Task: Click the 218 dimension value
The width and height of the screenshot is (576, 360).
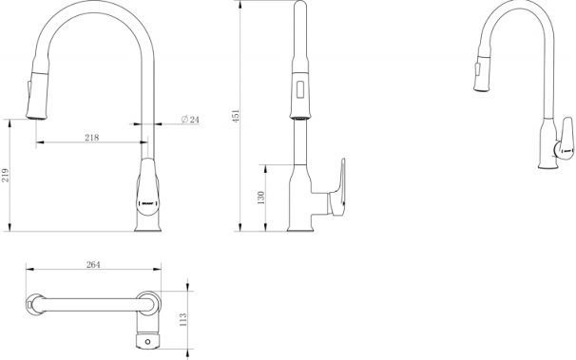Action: (91, 138)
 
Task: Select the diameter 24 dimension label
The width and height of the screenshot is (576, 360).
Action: (189, 121)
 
